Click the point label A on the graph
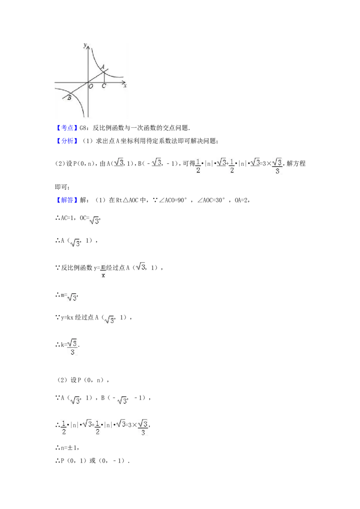click(x=103, y=67)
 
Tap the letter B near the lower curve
click(x=69, y=98)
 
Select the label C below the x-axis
click(x=104, y=86)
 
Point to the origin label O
click(x=91, y=86)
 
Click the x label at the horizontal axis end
click(x=125, y=85)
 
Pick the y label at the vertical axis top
click(x=85, y=45)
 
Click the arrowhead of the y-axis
click(x=88, y=45)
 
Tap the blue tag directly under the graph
click(x=67, y=128)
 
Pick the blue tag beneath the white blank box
click(x=67, y=200)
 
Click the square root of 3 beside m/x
click(x=140, y=268)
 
